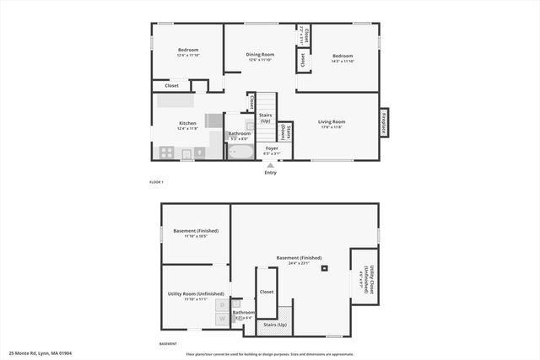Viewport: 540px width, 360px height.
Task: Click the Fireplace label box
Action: pos(384,122)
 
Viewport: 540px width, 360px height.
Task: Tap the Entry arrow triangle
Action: pos(270,164)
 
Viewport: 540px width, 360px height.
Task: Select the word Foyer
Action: pos(271,148)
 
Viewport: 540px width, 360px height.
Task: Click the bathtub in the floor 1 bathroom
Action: pos(240,153)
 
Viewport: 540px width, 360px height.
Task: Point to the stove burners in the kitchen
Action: pos(167,153)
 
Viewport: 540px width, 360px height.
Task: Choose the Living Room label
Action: pos(332,121)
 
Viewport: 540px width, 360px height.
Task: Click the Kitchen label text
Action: pos(187,123)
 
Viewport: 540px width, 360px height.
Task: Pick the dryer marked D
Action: pos(221,304)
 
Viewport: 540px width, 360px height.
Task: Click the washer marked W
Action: pos(221,319)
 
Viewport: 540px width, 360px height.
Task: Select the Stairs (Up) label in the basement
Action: pos(276,324)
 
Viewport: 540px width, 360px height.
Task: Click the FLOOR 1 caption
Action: pos(156,182)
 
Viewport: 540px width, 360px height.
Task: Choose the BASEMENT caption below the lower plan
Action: pos(168,344)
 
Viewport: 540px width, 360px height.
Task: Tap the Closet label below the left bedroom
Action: pos(171,85)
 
